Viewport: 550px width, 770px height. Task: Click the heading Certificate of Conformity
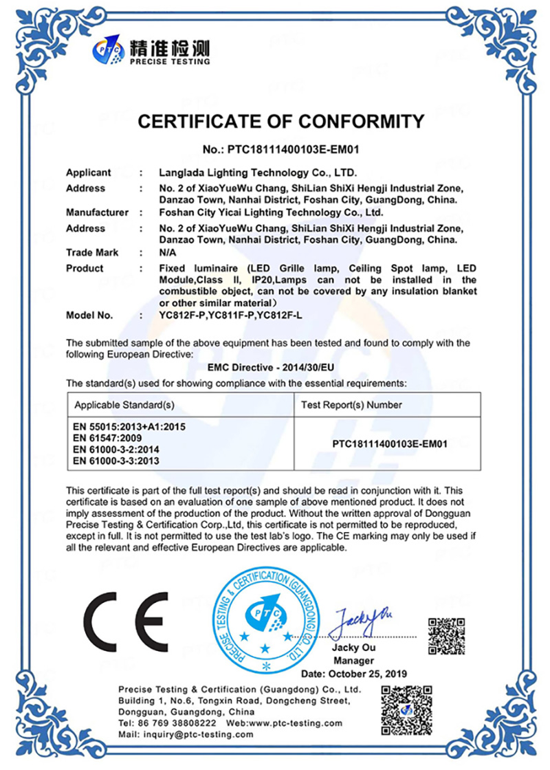coord(280,122)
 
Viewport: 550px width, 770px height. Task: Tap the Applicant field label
coord(88,173)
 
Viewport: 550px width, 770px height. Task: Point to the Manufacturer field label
coord(97,212)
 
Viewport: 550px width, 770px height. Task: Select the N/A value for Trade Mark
coord(167,252)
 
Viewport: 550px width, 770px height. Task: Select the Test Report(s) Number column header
coord(351,405)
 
